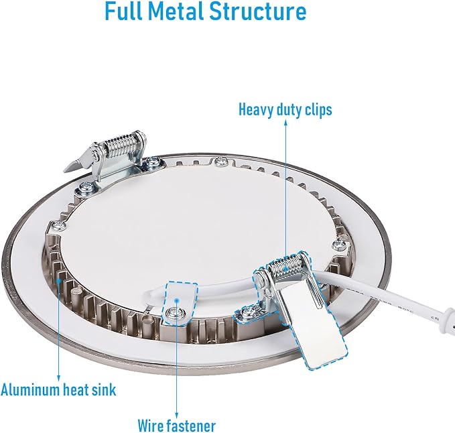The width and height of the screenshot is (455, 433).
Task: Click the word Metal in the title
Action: click(178, 11)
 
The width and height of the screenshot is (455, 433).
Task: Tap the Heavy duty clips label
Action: click(285, 111)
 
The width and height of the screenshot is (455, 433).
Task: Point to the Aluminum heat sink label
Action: click(58, 389)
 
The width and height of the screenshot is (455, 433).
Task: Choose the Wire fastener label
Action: click(177, 426)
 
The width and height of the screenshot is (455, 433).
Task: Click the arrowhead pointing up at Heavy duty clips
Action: click(286, 123)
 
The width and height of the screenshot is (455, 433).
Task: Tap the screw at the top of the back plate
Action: click(221, 160)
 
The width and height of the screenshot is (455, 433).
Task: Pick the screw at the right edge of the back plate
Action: click(338, 245)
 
